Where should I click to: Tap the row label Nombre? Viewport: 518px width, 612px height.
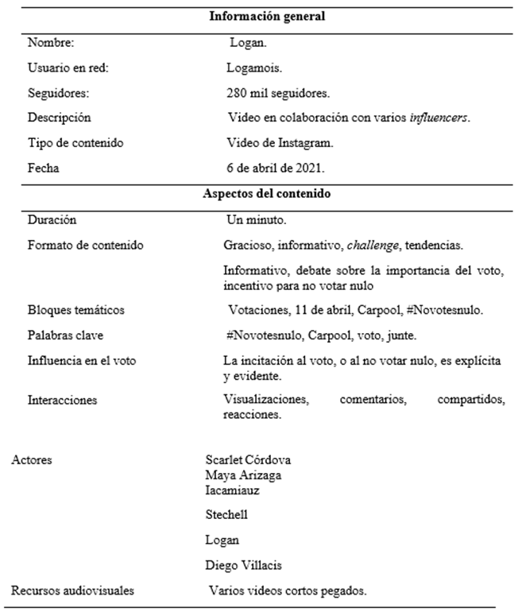click(51, 43)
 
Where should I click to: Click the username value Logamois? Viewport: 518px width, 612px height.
click(253, 68)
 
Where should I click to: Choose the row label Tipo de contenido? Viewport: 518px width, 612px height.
click(75, 143)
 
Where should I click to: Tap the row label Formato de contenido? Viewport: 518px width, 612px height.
click(85, 245)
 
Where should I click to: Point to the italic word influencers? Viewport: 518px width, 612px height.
click(439, 118)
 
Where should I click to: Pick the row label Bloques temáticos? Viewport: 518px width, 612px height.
click(76, 309)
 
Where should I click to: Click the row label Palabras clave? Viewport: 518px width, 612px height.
click(65, 335)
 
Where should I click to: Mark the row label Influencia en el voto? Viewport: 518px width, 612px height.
click(82, 360)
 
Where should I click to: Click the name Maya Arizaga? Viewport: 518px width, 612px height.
click(242, 475)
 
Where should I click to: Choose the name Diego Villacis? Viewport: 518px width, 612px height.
click(245, 565)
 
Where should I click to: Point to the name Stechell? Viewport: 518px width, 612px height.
click(226, 514)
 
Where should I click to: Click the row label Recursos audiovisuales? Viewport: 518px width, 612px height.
click(72, 591)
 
